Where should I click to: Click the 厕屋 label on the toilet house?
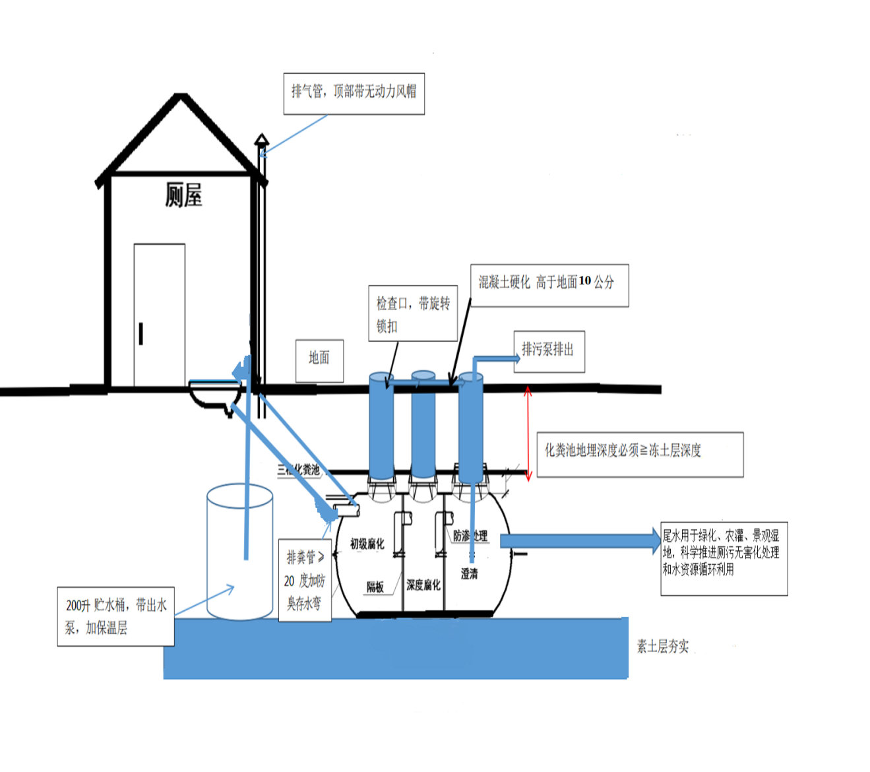pos(183,195)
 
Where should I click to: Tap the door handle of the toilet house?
pos(141,333)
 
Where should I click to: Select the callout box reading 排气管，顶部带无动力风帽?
pos(354,93)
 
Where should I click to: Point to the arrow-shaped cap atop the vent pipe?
pos(262,139)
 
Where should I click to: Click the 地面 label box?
pos(319,360)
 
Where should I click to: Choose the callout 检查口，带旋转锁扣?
pos(413,313)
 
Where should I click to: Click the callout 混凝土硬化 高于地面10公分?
pos(549,285)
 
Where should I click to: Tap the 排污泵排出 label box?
pos(549,351)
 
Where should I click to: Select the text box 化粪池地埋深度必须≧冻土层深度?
pos(640,454)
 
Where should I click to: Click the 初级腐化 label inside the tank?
pos(367,544)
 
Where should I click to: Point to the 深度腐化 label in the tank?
pos(423,585)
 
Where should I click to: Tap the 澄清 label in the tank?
pos(469,574)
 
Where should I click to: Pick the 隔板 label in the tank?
pos(375,587)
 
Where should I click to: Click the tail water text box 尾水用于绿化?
pos(724,558)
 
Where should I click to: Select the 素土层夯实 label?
pos(662,647)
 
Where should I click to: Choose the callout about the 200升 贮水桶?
pos(116,616)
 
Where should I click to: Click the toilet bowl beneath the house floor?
pos(214,395)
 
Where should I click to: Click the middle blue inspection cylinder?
pos(423,426)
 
